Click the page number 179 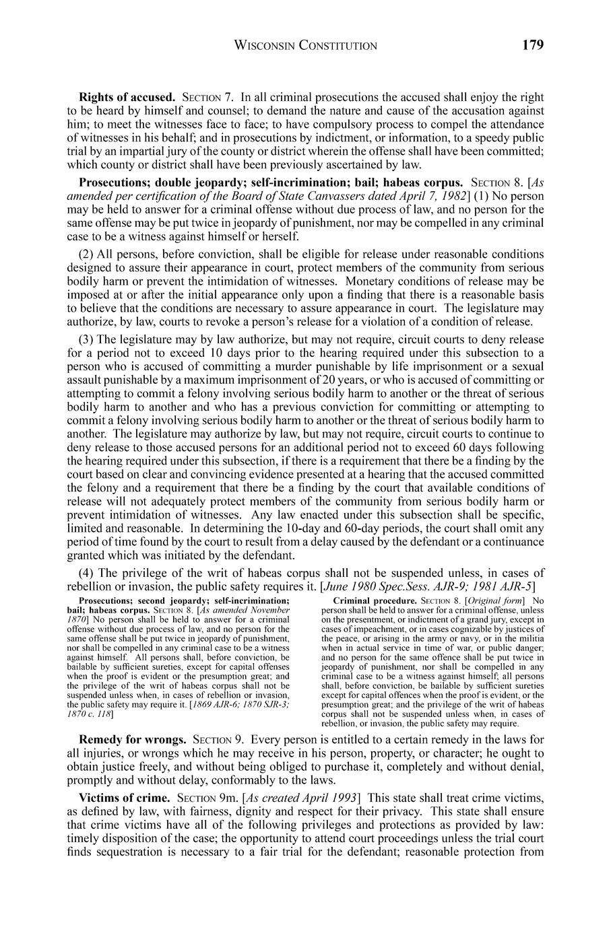[x=532, y=45]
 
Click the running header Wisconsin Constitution [x=305, y=46]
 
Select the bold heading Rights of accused [x=127, y=97]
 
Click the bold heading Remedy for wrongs [x=133, y=739]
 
